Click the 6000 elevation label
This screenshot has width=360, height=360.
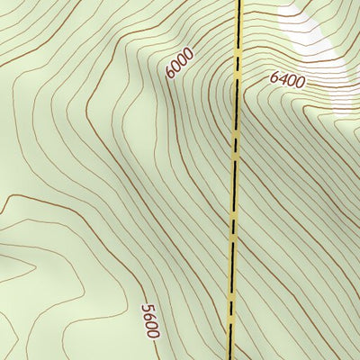(180, 63)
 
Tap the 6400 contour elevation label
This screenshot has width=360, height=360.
(288, 81)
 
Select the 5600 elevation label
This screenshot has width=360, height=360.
(150, 321)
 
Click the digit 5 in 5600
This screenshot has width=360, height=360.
(147, 309)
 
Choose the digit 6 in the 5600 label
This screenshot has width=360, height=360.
(148, 317)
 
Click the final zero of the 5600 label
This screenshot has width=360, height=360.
(153, 334)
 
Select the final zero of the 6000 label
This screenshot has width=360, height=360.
(188, 53)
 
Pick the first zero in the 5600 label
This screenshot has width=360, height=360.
(151, 326)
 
